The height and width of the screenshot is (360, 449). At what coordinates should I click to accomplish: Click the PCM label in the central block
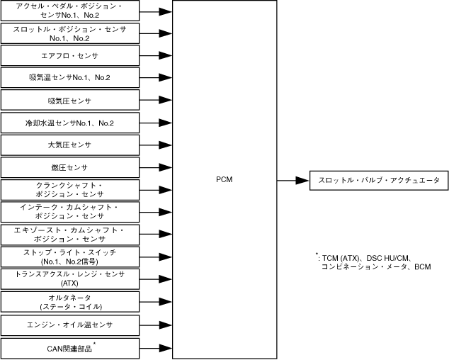224,181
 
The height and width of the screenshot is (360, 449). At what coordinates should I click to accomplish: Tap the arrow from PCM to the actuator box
292,181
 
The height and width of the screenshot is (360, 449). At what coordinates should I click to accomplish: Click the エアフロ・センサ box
69,55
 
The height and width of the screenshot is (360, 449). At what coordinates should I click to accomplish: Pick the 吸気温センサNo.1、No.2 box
69,77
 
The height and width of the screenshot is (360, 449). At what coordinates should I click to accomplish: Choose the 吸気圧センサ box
69,101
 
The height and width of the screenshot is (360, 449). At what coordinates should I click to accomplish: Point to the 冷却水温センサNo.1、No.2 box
69,123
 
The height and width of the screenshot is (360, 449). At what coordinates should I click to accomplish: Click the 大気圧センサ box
69,145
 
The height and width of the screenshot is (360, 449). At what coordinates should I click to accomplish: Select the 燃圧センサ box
69,167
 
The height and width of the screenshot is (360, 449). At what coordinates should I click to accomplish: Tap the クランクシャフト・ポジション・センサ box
69,190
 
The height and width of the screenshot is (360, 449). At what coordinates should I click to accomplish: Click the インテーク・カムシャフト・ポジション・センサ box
69,212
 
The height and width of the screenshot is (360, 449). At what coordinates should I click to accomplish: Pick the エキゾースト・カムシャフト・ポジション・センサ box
69,235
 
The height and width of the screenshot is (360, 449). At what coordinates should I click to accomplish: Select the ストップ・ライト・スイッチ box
69,257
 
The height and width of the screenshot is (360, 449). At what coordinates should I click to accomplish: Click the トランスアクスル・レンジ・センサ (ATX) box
69,279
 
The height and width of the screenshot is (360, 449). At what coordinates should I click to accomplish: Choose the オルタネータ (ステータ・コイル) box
69,301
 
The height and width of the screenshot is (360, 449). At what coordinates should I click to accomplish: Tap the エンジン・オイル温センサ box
69,325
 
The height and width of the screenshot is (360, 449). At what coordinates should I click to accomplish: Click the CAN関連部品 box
69,347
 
